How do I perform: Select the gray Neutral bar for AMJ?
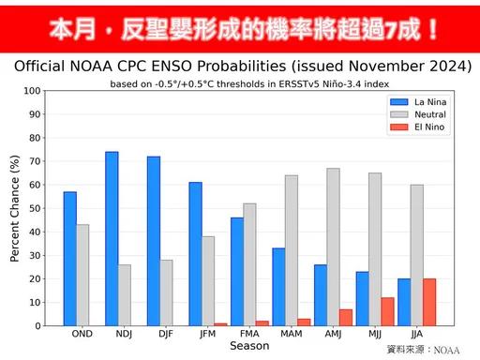(333, 247)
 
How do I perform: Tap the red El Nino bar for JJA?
(429, 302)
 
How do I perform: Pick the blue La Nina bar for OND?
(70, 259)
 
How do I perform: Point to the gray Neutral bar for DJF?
(166, 292)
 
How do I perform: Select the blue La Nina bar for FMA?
(236, 271)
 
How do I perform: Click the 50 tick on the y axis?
(36, 208)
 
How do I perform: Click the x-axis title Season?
(249, 346)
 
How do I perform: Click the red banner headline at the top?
(240, 27)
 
